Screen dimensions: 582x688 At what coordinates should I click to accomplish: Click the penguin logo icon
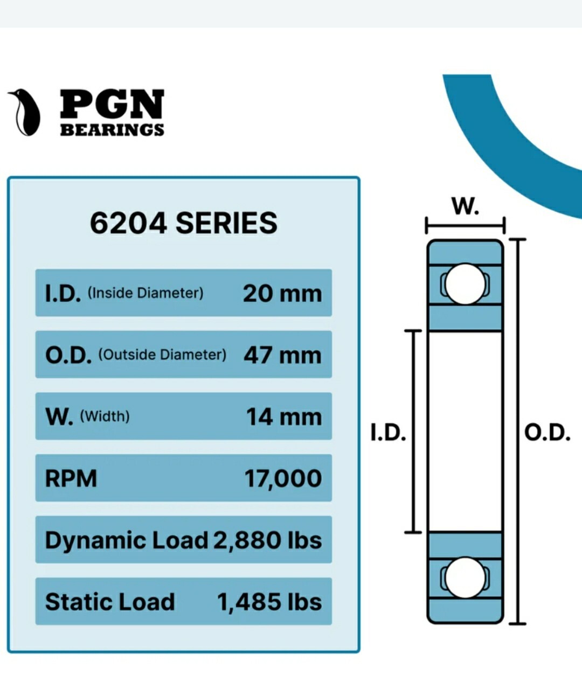pyautogui.click(x=25, y=112)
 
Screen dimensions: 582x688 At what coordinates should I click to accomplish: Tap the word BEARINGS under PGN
pyautogui.click(x=112, y=130)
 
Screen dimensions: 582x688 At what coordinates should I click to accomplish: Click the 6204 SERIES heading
pyautogui.click(x=183, y=223)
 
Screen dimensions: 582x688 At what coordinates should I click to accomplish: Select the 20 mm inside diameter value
pyautogui.click(x=282, y=294)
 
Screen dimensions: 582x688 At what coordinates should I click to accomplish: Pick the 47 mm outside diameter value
pyautogui.click(x=282, y=355)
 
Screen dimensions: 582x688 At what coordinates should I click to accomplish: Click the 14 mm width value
pyautogui.click(x=283, y=417)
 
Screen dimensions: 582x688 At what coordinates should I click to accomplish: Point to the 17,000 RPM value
pyautogui.click(x=283, y=478)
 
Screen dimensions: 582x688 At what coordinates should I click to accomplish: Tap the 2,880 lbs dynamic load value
pyautogui.click(x=267, y=540)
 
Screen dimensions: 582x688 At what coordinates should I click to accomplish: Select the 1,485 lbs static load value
pyautogui.click(x=269, y=602)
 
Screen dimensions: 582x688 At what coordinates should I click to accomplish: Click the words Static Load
pyautogui.click(x=110, y=602)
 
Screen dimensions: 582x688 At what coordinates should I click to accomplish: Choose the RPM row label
pyautogui.click(x=71, y=478)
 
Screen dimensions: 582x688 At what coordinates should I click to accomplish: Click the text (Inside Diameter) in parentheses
pyautogui.click(x=145, y=293)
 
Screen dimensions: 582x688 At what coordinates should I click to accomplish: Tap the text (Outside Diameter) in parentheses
pyautogui.click(x=162, y=355)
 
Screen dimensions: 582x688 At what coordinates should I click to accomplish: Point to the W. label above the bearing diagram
pyautogui.click(x=465, y=205)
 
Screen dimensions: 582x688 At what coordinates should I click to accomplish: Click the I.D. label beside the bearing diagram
pyautogui.click(x=388, y=432)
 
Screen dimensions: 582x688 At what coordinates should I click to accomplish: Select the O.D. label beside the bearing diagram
pyautogui.click(x=547, y=432)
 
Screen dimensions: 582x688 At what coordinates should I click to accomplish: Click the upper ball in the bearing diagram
pyautogui.click(x=465, y=284)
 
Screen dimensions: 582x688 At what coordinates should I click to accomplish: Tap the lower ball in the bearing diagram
pyautogui.click(x=465, y=578)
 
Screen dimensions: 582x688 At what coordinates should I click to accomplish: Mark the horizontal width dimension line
pyautogui.click(x=465, y=225)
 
